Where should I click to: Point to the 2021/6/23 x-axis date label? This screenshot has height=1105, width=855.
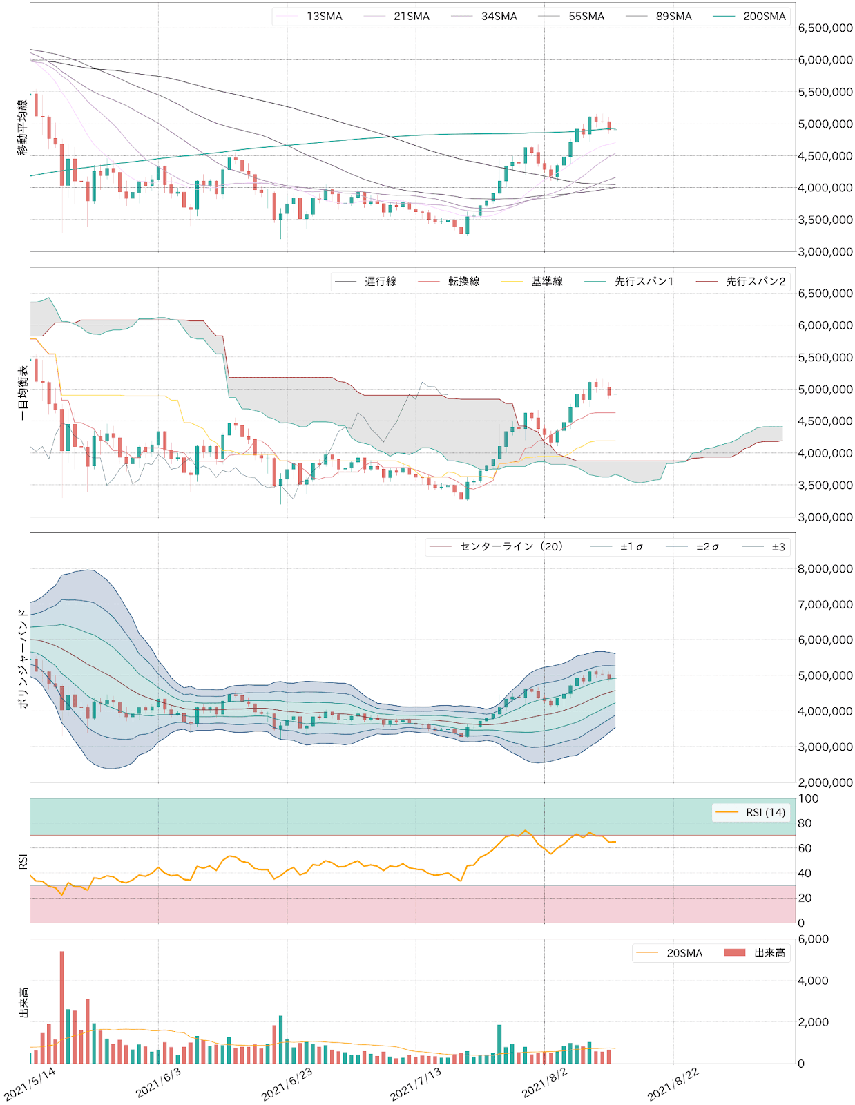coord(287,1084)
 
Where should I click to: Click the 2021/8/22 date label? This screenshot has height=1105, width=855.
coord(673,1084)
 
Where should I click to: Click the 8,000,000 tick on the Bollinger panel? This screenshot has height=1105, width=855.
coord(825,569)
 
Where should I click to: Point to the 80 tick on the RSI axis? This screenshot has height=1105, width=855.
coord(805,823)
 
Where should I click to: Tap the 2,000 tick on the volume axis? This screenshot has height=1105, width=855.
coord(813,1022)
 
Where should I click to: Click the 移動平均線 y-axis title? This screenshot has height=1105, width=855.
coord(23,127)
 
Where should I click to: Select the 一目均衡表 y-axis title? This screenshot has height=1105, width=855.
coord(23,392)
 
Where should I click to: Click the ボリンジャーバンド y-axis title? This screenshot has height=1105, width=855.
coord(23,657)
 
